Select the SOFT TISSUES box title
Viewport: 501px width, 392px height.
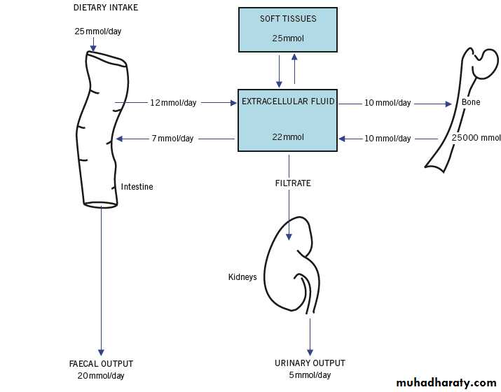click(x=288, y=19)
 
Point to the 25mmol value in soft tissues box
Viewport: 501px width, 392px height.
click(x=287, y=38)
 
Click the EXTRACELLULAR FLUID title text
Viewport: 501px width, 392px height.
click(x=288, y=101)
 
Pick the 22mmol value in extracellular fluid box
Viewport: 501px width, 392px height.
click(x=288, y=137)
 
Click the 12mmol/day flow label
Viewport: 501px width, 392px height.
click(x=173, y=103)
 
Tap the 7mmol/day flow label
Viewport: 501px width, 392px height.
click(x=172, y=139)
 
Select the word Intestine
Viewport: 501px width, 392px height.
click(x=137, y=187)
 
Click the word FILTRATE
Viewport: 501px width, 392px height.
click(x=293, y=183)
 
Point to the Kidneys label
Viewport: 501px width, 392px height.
click(x=242, y=277)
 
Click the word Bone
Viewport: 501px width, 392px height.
click(x=471, y=103)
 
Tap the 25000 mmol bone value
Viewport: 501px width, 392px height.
click(x=476, y=138)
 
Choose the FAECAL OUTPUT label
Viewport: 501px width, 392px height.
click(x=101, y=364)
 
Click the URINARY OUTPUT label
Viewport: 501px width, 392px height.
click(x=310, y=363)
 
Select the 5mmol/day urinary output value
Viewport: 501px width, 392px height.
click(x=310, y=375)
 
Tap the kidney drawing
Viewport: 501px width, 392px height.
click(x=288, y=266)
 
